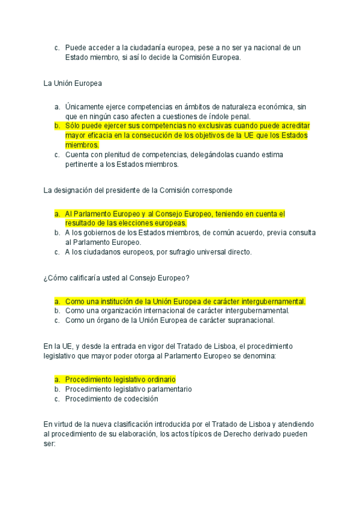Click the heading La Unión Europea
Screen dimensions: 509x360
(x=68, y=83)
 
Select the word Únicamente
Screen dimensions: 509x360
(x=85, y=107)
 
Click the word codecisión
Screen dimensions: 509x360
(x=138, y=399)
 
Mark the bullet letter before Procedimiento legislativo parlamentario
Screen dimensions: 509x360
(x=56, y=389)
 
